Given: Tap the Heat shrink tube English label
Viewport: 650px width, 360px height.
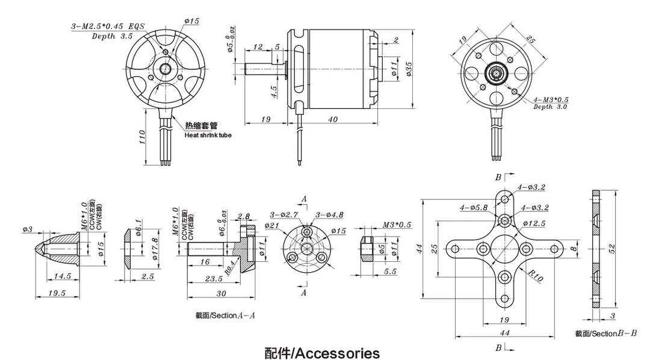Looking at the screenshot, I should pos(208,135).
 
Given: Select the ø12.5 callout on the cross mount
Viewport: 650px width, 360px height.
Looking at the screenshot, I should pos(534,224).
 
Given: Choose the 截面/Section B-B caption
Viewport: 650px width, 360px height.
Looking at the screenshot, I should pos(605,333).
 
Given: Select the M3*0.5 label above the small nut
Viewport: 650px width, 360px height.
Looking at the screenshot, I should pos(397,225).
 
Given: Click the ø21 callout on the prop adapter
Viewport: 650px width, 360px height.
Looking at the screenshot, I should pos(272,225).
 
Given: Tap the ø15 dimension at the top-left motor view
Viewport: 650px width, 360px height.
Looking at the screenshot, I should pos(191,21).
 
